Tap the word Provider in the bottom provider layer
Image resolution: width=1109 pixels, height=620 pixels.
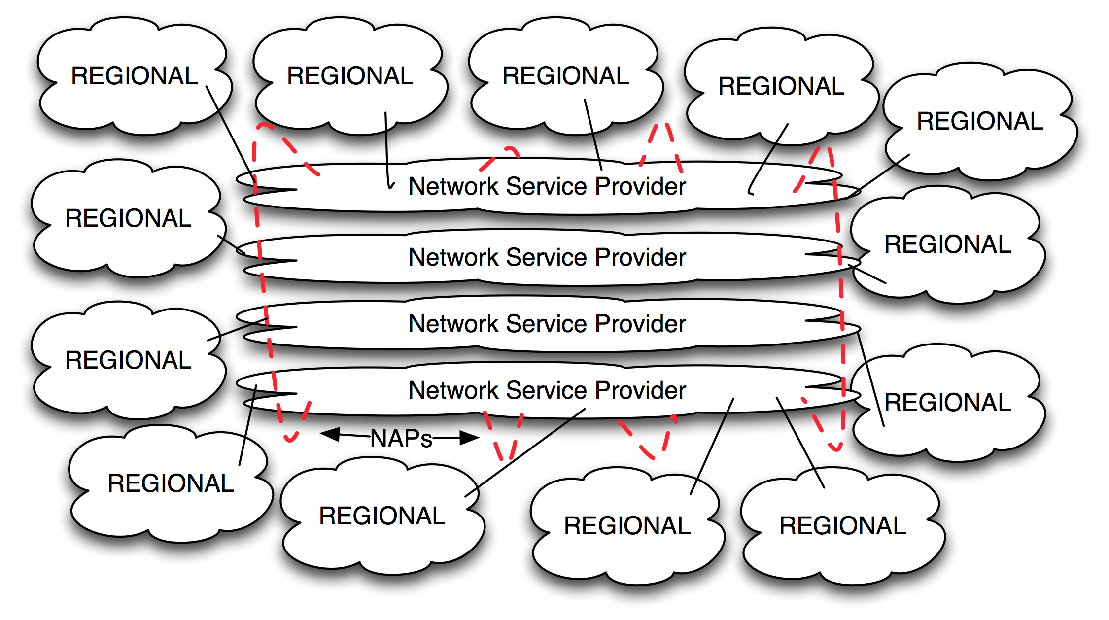click(640, 390)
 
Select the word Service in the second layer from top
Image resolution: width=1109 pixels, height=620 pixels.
click(547, 257)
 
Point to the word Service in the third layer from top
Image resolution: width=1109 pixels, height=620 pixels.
click(547, 324)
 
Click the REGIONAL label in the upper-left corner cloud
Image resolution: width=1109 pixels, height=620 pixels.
click(134, 76)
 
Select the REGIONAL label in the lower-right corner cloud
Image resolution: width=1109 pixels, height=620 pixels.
click(842, 525)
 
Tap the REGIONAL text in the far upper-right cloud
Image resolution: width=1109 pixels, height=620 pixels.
click(980, 121)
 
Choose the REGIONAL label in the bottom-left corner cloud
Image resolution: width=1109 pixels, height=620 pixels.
click(171, 483)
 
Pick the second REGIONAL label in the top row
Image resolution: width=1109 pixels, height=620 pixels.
click(350, 76)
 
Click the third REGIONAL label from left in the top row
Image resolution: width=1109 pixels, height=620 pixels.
click(565, 76)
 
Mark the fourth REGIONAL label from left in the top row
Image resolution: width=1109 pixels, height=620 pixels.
click(781, 86)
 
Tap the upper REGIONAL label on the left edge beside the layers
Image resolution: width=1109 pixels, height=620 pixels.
click(128, 218)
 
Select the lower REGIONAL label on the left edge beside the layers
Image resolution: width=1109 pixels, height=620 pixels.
click(128, 360)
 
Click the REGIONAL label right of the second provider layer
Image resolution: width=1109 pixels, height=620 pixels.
click(947, 244)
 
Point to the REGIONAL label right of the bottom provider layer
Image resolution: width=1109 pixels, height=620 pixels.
click(947, 403)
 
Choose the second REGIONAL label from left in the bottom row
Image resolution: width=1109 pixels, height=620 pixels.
click(382, 516)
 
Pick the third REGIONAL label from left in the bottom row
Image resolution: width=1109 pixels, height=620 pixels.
click(627, 525)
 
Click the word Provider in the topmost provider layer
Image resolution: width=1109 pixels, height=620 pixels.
click(640, 186)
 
